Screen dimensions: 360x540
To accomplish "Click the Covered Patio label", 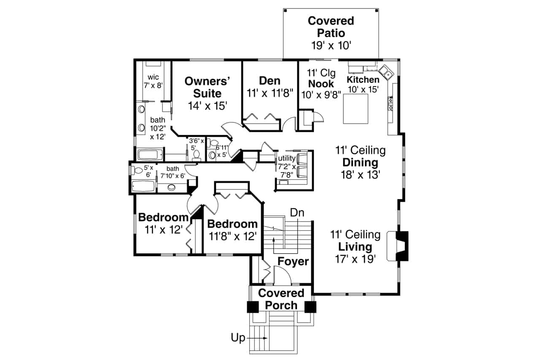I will pos(331,27).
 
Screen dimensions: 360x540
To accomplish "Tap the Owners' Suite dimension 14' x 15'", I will pos(208,105).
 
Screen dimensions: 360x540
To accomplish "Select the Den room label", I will pos(270,80).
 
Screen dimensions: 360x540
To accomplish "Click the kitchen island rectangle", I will pos(355,109).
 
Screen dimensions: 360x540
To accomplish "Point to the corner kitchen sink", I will pos(386,72).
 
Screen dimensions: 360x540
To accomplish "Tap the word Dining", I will pos(360,162).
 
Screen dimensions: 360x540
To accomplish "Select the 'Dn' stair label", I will pos(297,213).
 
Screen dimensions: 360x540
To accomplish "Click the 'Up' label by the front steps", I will pos(238,338).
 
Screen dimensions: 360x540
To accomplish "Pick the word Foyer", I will pos(293,262).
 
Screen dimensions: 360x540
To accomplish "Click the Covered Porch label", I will pos(281,299).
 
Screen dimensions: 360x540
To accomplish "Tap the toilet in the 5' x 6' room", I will pos(137,171).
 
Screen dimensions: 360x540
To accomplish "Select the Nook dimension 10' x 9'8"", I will pos(321,95).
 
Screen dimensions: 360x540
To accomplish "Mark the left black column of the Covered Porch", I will pos(253,307).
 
